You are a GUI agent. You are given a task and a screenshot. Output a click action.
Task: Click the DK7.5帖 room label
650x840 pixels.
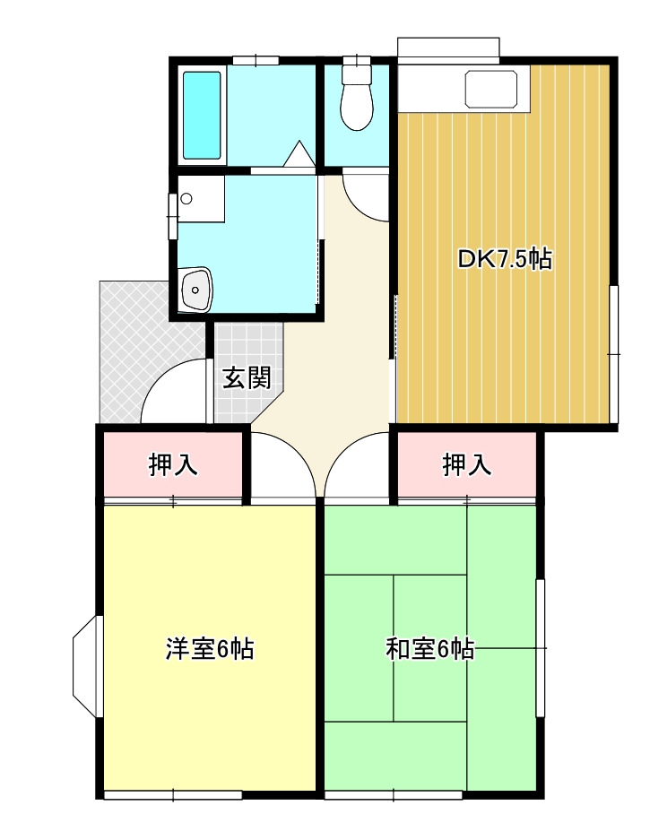(504, 260)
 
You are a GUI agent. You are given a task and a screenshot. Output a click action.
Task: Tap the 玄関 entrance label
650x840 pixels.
(247, 377)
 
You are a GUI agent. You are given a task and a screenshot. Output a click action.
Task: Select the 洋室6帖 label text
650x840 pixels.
(210, 649)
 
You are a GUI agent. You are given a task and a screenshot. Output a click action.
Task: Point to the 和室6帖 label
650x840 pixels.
(429, 649)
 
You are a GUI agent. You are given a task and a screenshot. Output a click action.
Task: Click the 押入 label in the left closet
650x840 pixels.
(173, 464)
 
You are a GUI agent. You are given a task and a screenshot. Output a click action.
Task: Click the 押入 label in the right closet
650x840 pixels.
(467, 464)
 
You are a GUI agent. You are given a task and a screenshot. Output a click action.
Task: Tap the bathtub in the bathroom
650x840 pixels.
(202, 116)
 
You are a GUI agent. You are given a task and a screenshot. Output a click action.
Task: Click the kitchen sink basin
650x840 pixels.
(491, 90)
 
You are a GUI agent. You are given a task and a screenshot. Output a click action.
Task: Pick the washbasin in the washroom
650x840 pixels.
(196, 290)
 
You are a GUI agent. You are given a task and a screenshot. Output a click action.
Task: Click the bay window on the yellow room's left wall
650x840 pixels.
(87, 666)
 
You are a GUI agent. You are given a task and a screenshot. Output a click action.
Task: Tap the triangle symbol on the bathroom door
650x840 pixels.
(299, 154)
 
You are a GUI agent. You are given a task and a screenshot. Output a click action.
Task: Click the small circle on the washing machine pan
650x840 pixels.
(186, 199)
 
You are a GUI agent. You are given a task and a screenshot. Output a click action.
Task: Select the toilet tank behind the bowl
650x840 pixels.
(357, 73)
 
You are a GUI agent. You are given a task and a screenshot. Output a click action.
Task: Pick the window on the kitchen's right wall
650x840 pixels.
(614, 354)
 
